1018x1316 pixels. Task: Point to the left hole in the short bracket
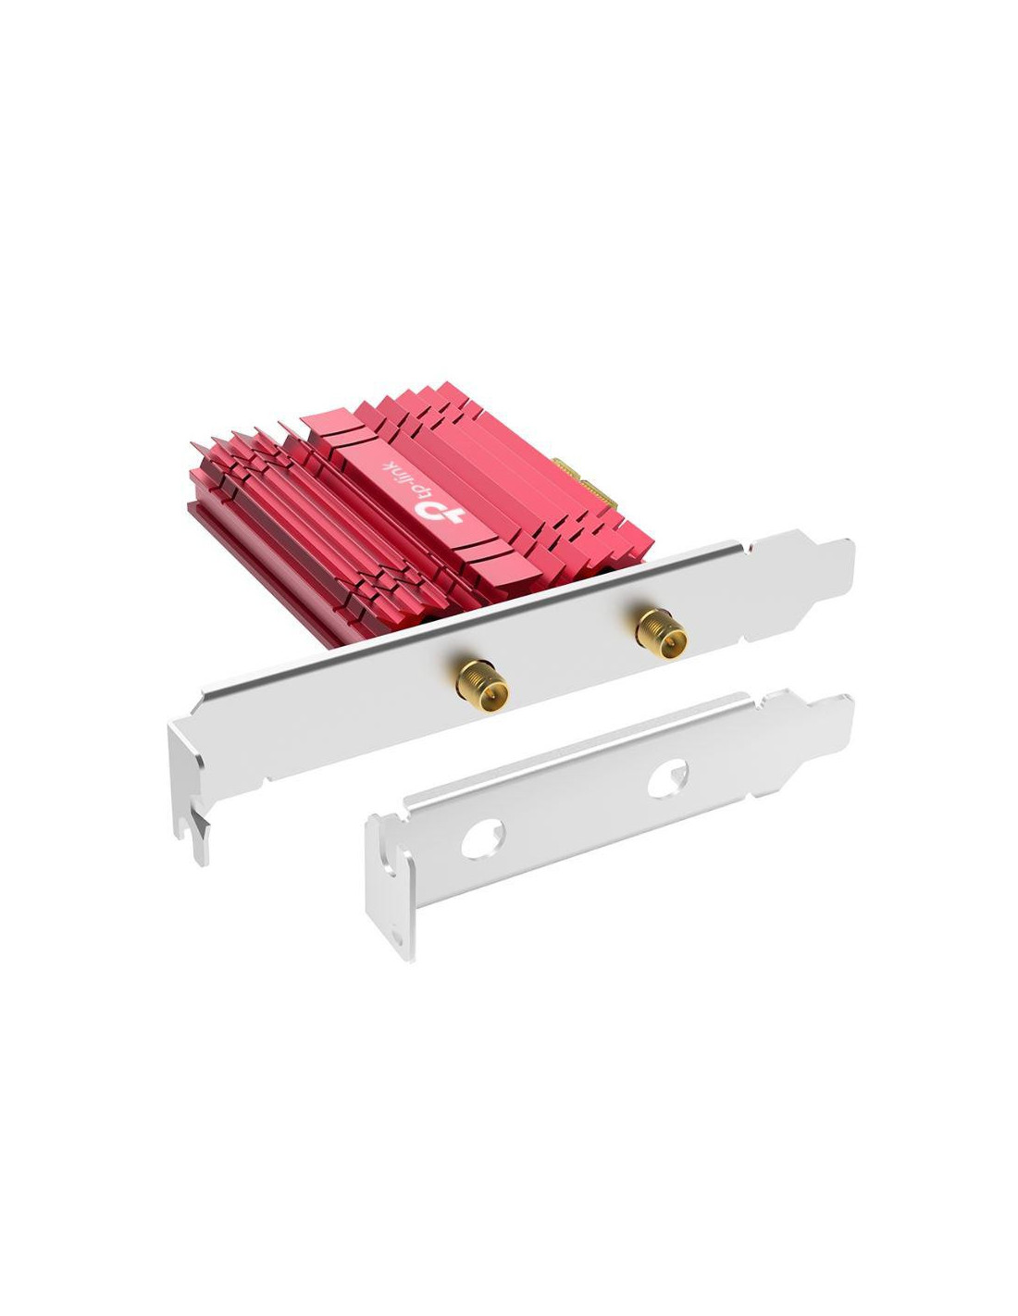(x=482, y=838)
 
